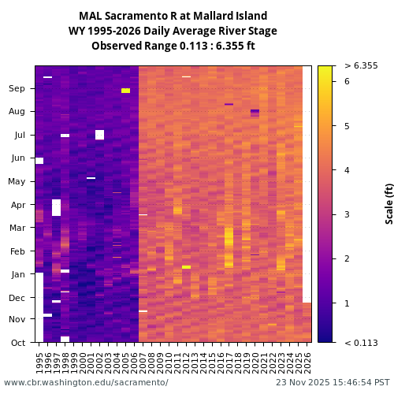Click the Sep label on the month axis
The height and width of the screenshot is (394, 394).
[17, 89]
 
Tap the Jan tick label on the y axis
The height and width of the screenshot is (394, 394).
[17, 274]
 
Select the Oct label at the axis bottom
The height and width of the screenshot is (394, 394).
[17, 342]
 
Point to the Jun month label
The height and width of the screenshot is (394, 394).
[17, 158]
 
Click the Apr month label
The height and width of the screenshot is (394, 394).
[17, 205]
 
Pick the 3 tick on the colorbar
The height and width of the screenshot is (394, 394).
[346, 214]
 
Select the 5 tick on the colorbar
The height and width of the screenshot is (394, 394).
[346, 125]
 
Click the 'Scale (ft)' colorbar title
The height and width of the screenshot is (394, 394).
[388, 203]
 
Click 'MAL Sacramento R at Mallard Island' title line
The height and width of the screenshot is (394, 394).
[173, 16]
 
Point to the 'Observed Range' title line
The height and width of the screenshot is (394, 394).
[173, 46]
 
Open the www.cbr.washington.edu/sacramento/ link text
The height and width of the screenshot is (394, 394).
[86, 382]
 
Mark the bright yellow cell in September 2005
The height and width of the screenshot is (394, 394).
[125, 91]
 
